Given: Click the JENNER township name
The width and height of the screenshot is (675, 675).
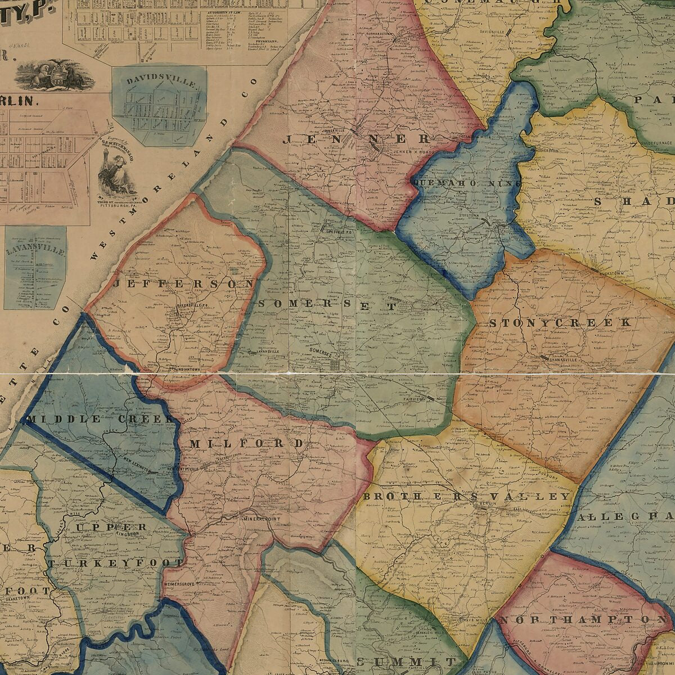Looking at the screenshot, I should point(357,138).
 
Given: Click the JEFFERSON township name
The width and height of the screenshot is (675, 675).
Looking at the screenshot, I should point(183,285).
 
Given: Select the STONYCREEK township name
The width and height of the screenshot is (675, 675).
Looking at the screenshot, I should point(560,323).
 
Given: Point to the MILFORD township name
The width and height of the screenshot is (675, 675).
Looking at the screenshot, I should point(246,444).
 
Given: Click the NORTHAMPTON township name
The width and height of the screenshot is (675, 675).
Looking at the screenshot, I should point(582,620).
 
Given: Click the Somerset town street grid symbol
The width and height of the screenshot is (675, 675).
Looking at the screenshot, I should point(336,365).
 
